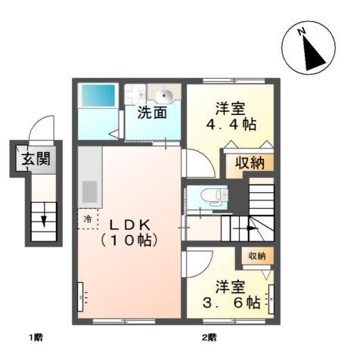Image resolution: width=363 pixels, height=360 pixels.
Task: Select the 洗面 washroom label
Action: click(x=151, y=113)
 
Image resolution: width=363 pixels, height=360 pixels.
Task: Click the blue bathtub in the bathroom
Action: click(x=98, y=95)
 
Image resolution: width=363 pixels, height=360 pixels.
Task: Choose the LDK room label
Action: click(x=129, y=225)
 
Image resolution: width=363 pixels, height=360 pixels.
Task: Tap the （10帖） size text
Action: click(x=129, y=241)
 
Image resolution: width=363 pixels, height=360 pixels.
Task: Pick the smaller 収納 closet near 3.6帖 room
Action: click(x=256, y=256)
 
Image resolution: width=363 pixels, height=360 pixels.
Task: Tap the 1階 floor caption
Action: click(x=36, y=337)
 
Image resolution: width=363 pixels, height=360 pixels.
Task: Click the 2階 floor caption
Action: click(x=209, y=337)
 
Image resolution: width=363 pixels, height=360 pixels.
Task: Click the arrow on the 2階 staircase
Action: click(x=246, y=226)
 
